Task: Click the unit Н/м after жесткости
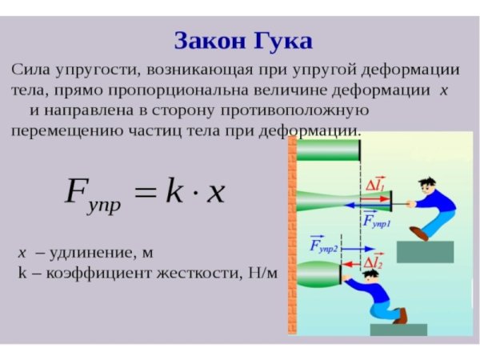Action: [262, 273]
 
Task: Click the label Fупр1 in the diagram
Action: [377, 220]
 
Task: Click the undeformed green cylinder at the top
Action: [328, 150]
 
